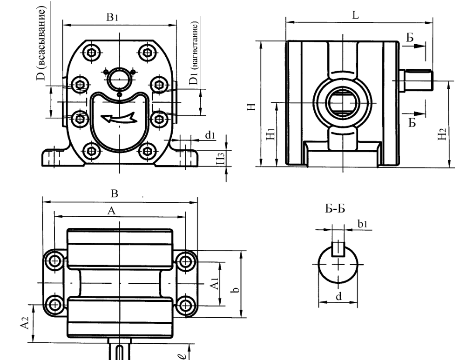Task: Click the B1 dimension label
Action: pos(112,17)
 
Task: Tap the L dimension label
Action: pos(355,15)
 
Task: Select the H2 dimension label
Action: pos(442,134)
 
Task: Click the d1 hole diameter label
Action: pos(210,135)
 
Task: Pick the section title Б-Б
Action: pos(335,209)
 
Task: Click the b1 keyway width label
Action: pos(363,224)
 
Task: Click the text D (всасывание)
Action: pos(41,43)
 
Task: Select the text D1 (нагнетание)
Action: pos(194,53)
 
